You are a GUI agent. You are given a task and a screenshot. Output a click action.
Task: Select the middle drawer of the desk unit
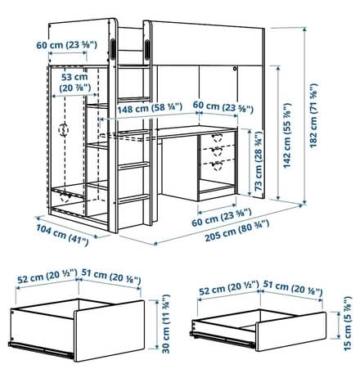click(218, 152)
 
